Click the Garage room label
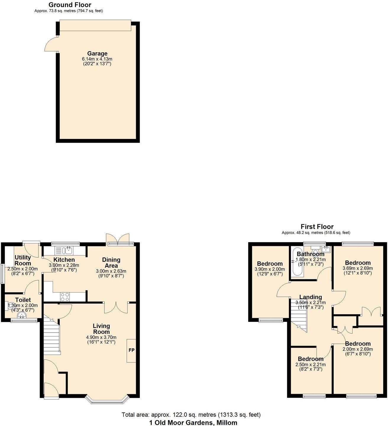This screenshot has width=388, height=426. tap(97, 54)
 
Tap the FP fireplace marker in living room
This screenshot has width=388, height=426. tap(131, 350)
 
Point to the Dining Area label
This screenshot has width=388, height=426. tap(111, 262)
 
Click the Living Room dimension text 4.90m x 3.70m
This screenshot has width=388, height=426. tap(101, 337)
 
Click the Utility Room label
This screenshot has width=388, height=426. tap(23, 260)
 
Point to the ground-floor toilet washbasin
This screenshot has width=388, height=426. tap(22, 315)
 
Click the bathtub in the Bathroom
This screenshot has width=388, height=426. tap(297, 262)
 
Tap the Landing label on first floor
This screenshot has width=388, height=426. tap(310, 297)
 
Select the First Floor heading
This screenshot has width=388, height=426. tap(317, 227)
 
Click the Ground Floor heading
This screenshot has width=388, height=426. tap(70, 5)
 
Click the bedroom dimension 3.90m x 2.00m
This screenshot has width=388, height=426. tap(269, 269)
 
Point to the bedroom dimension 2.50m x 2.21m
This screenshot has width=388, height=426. tap(311, 364)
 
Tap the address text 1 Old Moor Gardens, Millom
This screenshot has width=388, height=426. tap(193, 422)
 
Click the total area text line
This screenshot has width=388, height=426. tap(191, 415)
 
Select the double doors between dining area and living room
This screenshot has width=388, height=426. tap(116, 308)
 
